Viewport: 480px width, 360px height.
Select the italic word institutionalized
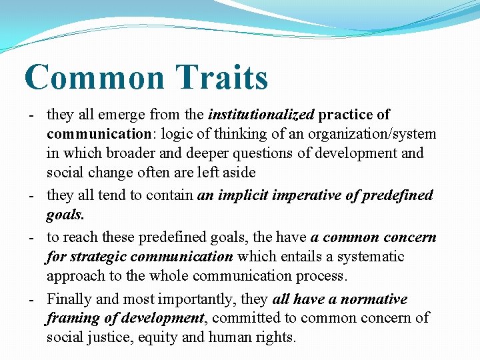[261, 115]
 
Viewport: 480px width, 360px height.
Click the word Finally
[69, 299]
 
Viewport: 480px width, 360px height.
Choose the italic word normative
[373, 299]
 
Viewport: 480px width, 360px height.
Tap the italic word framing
[72, 318]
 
